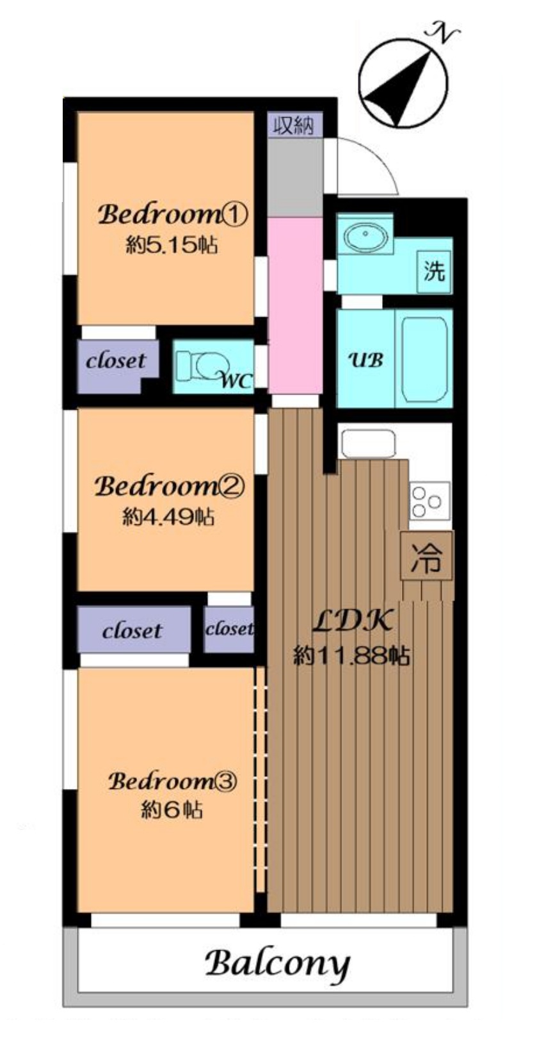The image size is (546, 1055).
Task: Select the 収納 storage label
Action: click(x=294, y=125)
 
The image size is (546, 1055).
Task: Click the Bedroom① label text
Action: click(x=173, y=215)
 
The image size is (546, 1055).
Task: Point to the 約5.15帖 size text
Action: click(x=172, y=245)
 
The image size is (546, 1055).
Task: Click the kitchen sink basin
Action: click(x=369, y=443)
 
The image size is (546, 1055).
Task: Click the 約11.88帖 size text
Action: click(x=352, y=655)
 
